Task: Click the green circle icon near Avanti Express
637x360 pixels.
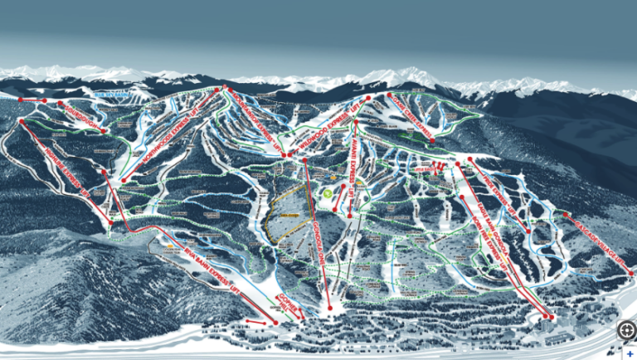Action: coord(328,192)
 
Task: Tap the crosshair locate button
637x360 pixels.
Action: coord(625,329)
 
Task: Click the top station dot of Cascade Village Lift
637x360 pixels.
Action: coord(566,215)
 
